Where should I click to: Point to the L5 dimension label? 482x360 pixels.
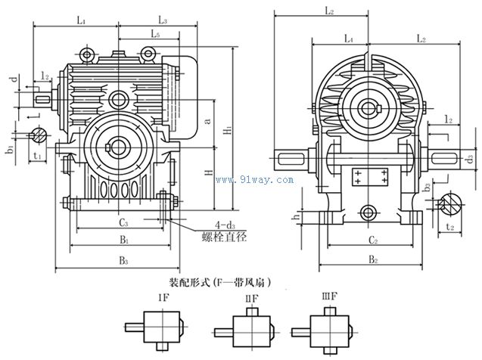[x=154, y=35]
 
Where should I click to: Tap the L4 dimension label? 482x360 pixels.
[x=348, y=37]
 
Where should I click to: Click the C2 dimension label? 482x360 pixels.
[x=368, y=241]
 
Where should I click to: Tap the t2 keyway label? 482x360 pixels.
[x=449, y=225]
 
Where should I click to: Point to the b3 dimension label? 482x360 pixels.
[x=428, y=185]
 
